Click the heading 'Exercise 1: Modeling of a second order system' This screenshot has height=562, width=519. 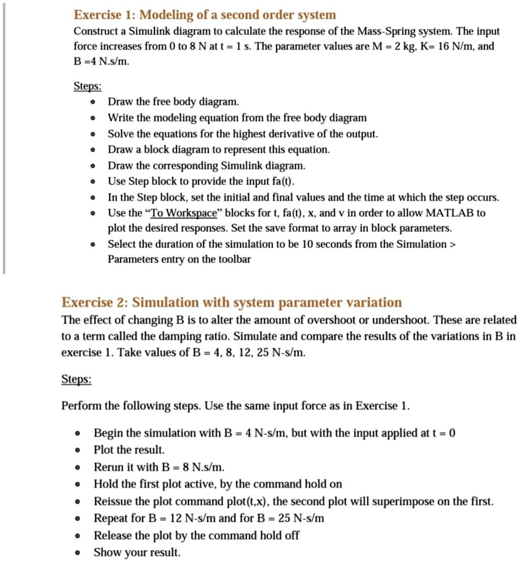(x=204, y=15)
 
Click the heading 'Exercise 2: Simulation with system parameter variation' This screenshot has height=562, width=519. (x=231, y=302)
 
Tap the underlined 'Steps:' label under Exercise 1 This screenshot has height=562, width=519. (x=88, y=87)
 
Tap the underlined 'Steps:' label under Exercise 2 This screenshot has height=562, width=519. (x=76, y=379)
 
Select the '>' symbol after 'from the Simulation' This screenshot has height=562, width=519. (x=452, y=244)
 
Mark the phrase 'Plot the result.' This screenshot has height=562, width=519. (x=129, y=450)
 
